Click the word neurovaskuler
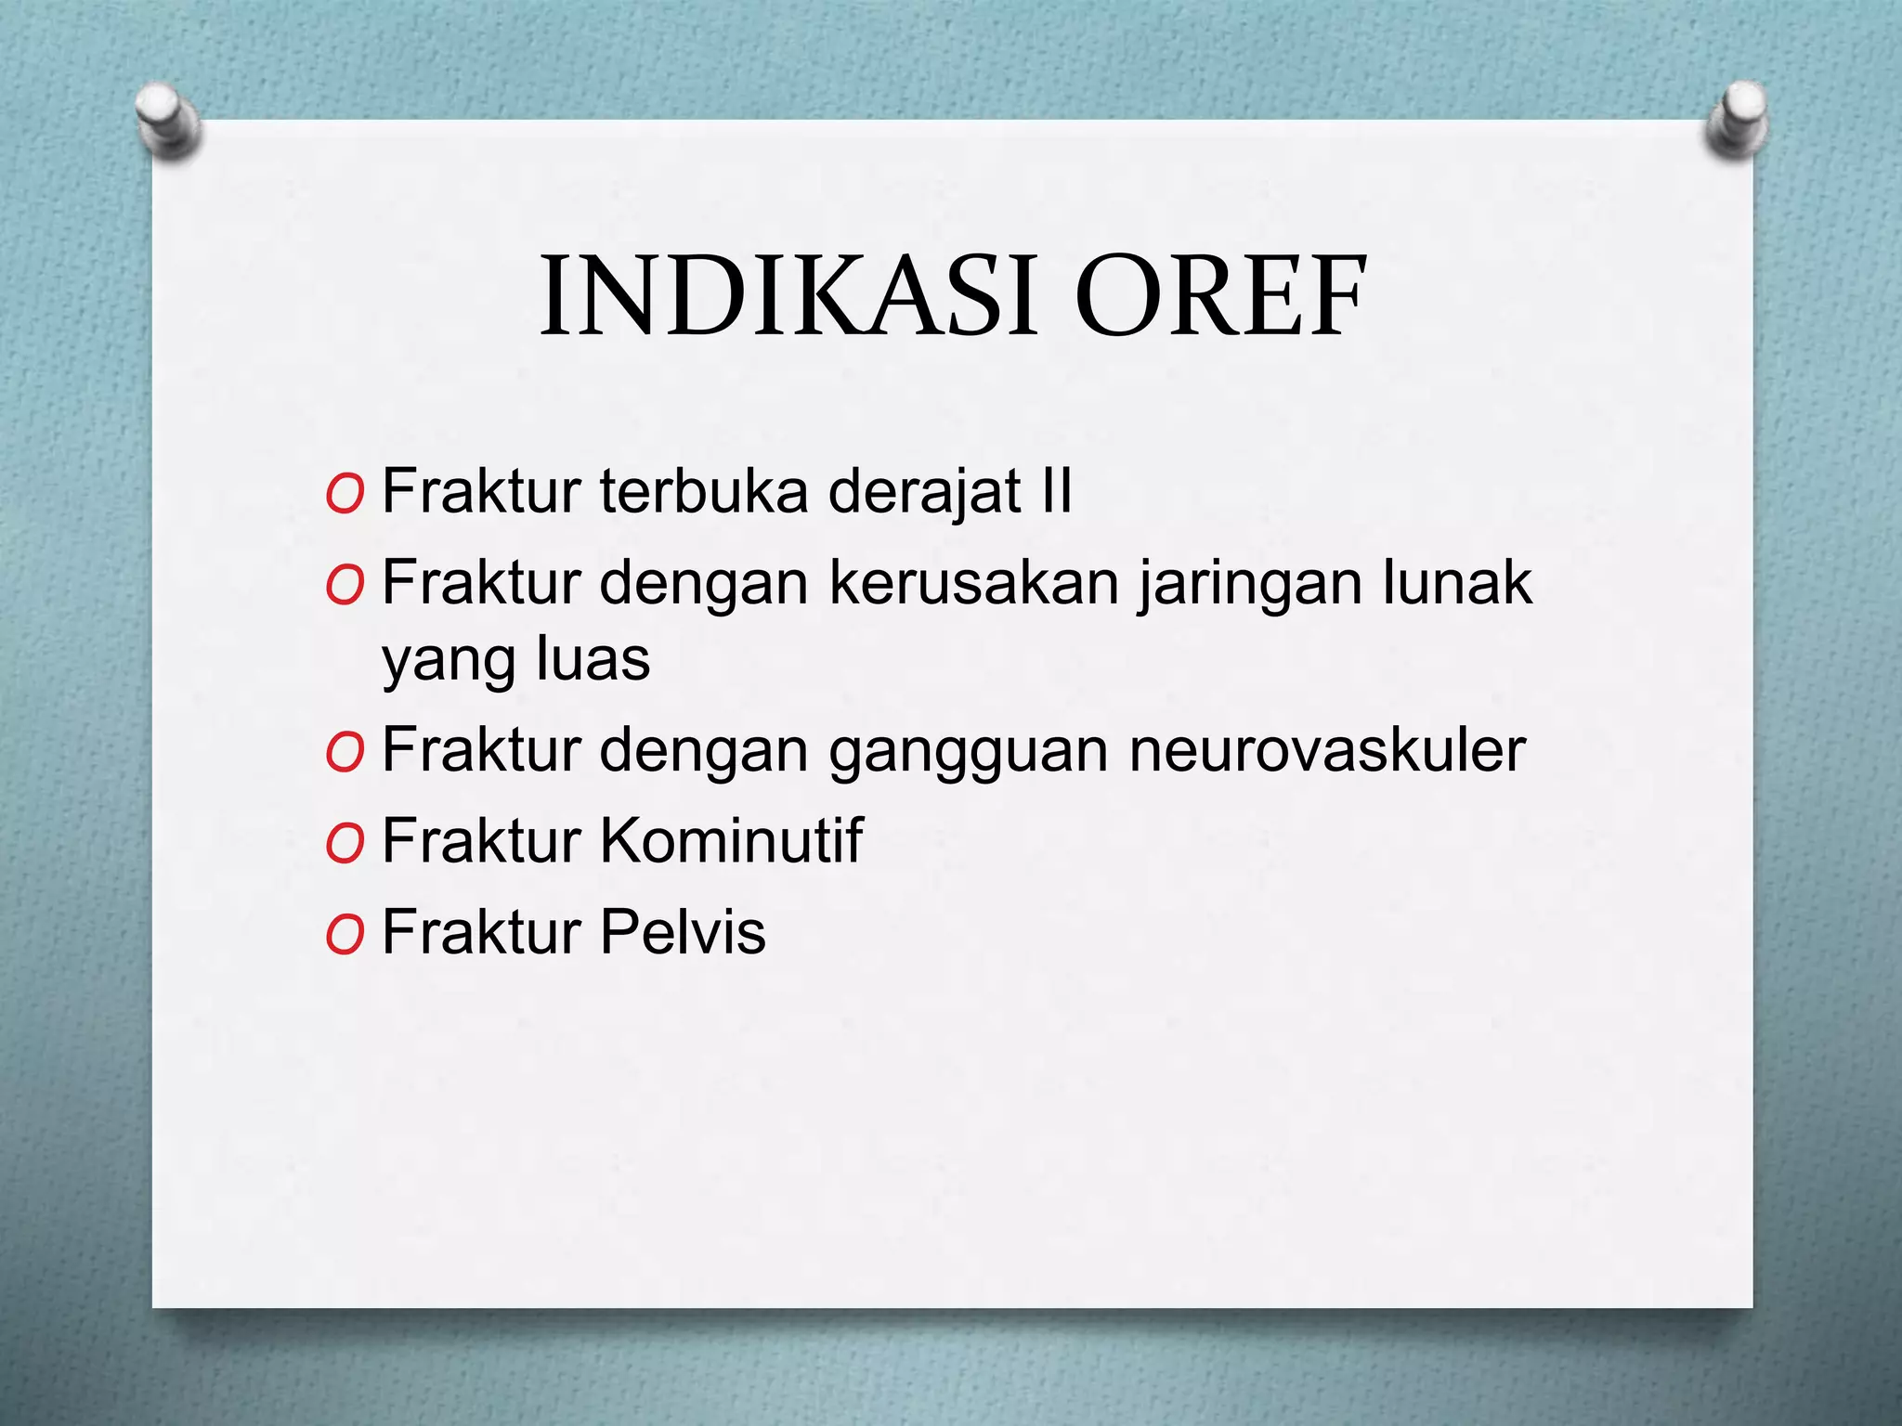(1327, 750)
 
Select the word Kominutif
(731, 840)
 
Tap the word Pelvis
(682, 931)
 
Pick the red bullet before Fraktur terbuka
(345, 496)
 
